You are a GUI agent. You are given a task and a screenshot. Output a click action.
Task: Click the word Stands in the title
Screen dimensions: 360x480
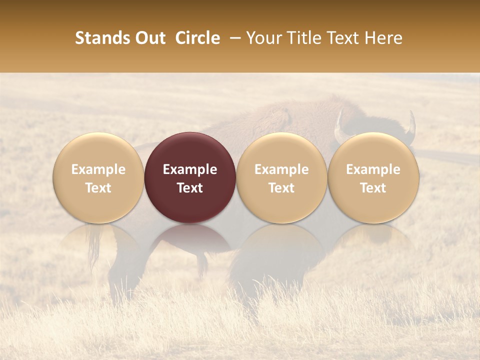(x=96, y=38)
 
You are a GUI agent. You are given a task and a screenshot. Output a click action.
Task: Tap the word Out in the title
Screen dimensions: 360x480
(x=145, y=38)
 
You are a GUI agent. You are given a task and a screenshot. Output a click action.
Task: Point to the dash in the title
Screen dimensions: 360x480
(x=233, y=38)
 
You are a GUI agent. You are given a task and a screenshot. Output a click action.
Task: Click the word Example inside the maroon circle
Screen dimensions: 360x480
(x=190, y=169)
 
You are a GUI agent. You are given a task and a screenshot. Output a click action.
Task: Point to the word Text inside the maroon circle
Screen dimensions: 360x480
(x=190, y=188)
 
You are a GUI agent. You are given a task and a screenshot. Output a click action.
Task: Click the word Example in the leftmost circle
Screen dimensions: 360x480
(x=98, y=169)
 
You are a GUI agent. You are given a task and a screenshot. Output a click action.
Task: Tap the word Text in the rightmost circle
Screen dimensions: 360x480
(x=373, y=188)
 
